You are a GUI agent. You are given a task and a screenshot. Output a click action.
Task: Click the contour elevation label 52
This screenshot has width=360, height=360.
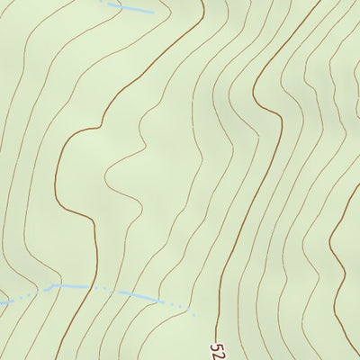pyautogui.click(x=220, y=349)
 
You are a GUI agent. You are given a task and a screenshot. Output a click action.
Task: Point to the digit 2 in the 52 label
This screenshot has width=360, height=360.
pyautogui.click(x=220, y=354)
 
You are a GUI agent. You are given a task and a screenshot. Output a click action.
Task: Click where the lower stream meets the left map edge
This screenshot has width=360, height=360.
pyautogui.click(x=1, y=303)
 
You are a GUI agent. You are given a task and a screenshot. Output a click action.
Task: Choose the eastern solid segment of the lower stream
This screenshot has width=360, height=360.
pyautogui.click(x=139, y=295)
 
